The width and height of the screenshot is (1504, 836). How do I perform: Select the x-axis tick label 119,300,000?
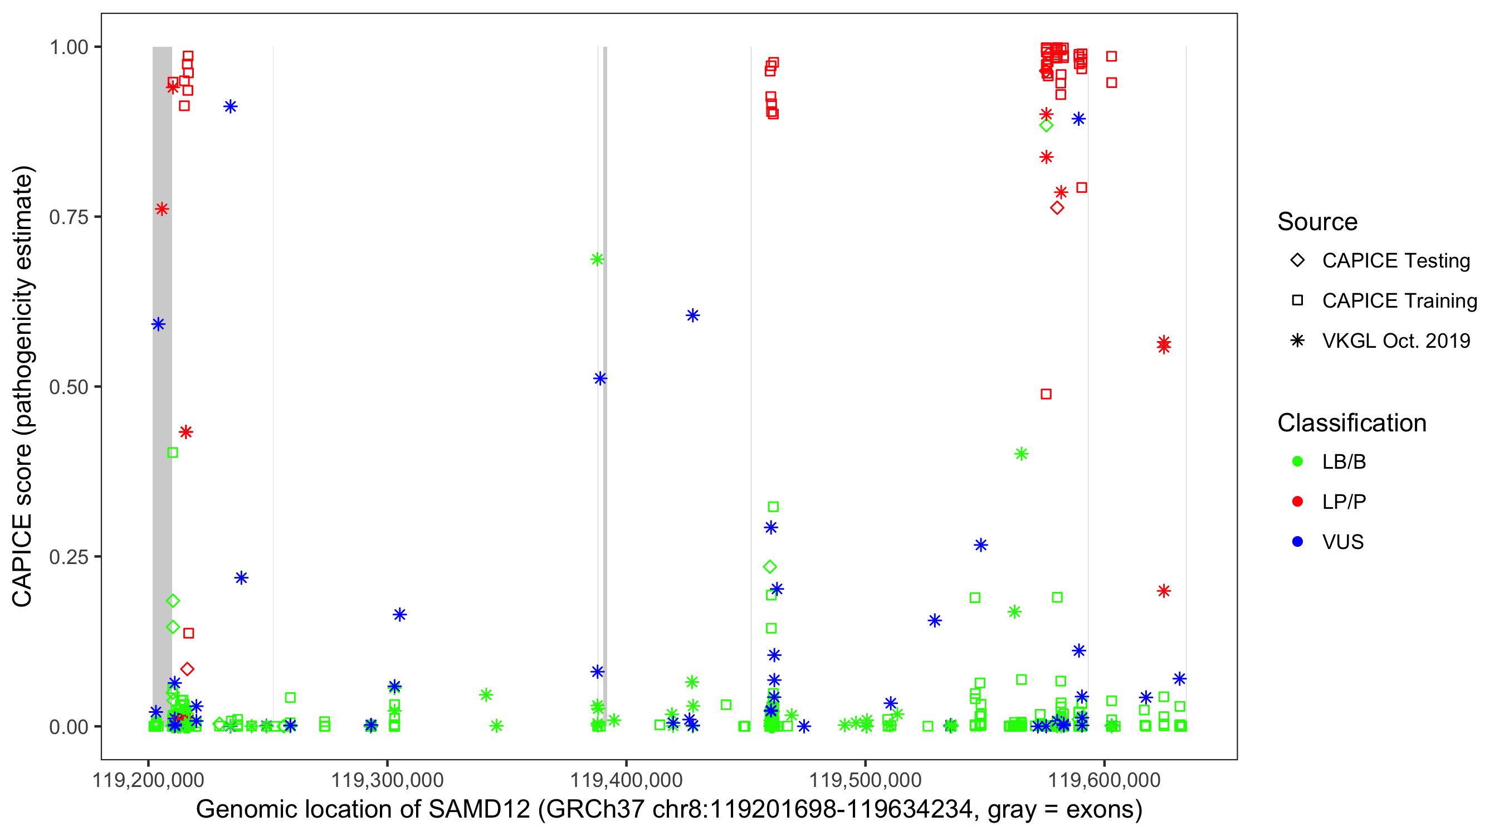387,780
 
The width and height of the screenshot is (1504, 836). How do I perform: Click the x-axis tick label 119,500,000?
865,780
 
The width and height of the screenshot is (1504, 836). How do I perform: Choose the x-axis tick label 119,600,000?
1104,780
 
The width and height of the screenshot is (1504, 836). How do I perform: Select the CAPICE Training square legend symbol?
1297,301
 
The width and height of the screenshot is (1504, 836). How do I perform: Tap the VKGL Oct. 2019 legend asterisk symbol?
1297,341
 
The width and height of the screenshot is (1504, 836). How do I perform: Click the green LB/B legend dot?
1297,462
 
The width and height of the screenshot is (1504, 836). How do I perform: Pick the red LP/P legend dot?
1297,502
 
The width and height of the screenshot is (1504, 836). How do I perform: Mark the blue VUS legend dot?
1297,542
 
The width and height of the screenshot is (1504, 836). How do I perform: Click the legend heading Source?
1317,222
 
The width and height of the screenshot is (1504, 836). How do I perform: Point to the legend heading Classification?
1351,423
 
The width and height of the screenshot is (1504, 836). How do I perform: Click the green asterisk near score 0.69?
597,259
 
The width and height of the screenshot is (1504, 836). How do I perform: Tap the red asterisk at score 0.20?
1164,591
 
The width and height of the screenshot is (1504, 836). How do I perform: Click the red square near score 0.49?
1046,395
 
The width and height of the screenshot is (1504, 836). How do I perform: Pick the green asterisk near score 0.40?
1020,454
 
